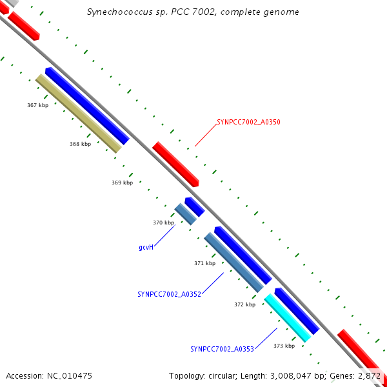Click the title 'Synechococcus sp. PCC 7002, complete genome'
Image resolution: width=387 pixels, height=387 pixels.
pyautogui.click(x=193, y=12)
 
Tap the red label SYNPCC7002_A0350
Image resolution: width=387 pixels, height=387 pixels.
pyautogui.click(x=248, y=121)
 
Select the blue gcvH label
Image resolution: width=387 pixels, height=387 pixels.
pyautogui.click(x=146, y=247)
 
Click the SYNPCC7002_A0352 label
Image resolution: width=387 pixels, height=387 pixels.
pyautogui.click(x=169, y=294)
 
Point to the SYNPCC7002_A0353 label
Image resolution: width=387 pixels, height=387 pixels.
pyautogui.click(x=222, y=349)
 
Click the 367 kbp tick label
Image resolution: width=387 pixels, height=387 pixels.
pyautogui.click(x=37, y=104)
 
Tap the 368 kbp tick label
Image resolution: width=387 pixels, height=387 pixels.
pyautogui.click(x=80, y=144)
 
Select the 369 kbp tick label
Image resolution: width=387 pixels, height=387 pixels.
pyautogui.click(x=122, y=183)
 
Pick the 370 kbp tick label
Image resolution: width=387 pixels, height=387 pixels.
pyautogui.click(x=163, y=223)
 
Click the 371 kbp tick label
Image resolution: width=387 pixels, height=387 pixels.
pyautogui.click(x=204, y=263)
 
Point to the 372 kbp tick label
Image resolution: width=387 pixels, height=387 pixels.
pyautogui.click(x=244, y=304)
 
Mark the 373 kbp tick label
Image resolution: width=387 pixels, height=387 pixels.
pyautogui.click(x=284, y=346)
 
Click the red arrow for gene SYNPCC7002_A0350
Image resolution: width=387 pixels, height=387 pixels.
pyautogui.click(x=175, y=164)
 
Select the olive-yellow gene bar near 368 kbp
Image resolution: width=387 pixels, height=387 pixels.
pyautogui.click(x=79, y=114)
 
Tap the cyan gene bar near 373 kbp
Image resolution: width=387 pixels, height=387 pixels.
pyautogui.click(x=288, y=317)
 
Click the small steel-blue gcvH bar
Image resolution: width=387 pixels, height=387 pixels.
pyautogui.click(x=185, y=214)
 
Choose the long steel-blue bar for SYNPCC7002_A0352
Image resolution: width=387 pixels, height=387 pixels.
pyautogui.click(x=234, y=263)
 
